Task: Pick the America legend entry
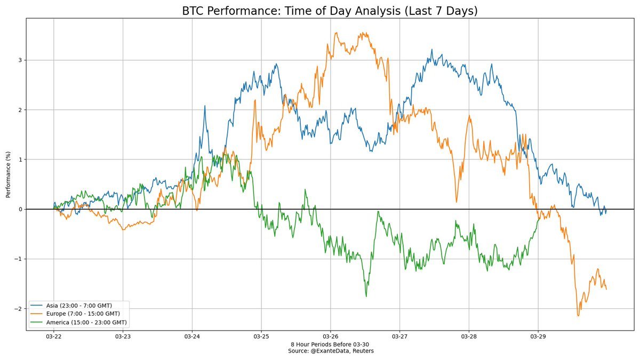click(x=83, y=322)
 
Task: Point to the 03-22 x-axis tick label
click(x=53, y=337)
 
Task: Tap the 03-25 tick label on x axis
click(x=261, y=337)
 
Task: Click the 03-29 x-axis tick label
click(x=538, y=337)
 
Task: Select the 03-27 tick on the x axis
click(x=399, y=337)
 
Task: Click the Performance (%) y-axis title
click(x=9, y=174)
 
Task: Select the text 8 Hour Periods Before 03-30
click(x=330, y=344)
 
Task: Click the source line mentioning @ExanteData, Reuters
click(x=330, y=350)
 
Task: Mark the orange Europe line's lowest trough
click(x=578, y=316)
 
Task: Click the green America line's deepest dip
click(x=366, y=296)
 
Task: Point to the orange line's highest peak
click(x=336, y=33)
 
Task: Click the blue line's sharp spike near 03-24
click(x=205, y=106)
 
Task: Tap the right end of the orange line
click(x=606, y=289)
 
